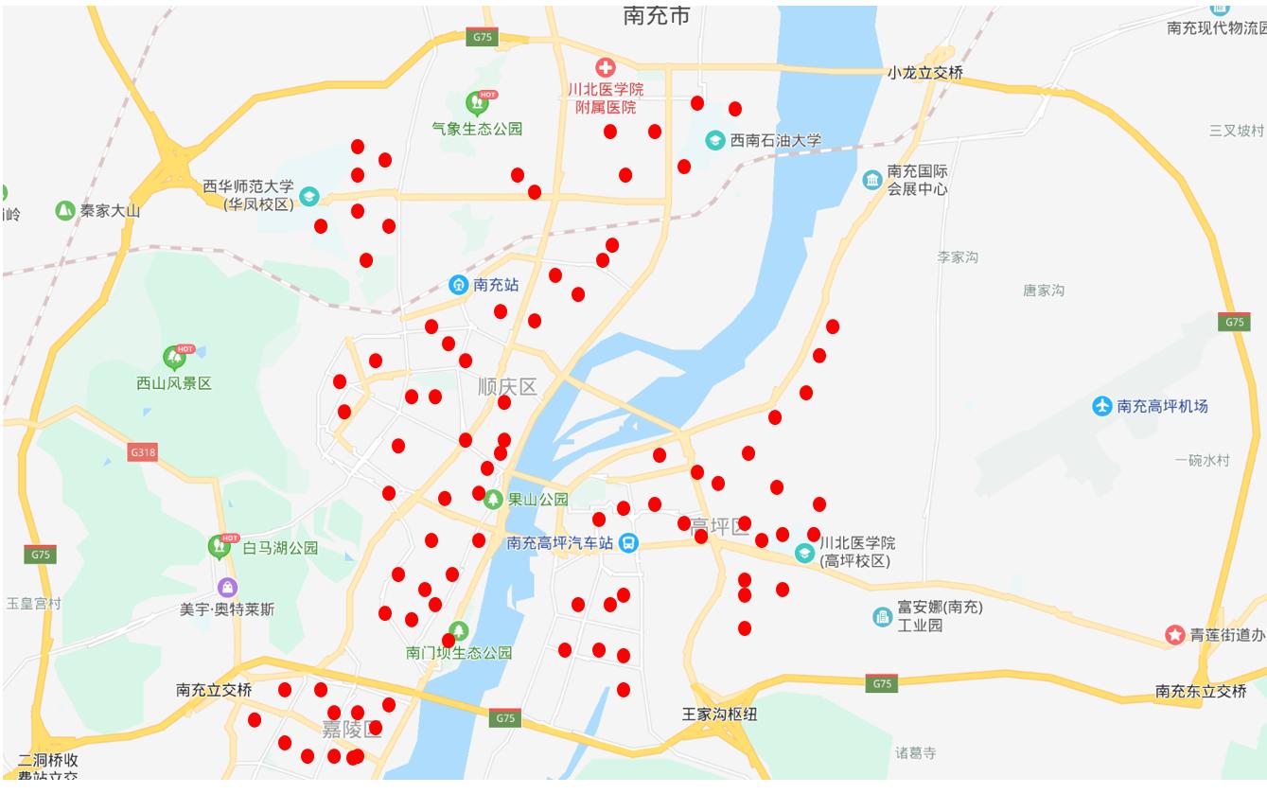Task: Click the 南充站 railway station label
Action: pyautogui.click(x=496, y=284)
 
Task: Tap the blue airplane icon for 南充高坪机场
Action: pyautogui.click(x=1101, y=406)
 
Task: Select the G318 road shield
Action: pyautogui.click(x=143, y=452)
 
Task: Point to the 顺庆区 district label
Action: pyautogui.click(x=507, y=387)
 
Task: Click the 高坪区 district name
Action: pyautogui.click(x=720, y=527)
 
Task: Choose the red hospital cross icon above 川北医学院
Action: pyautogui.click(x=605, y=67)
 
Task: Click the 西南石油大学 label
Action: pyautogui.click(x=776, y=141)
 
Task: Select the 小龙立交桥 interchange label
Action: pyautogui.click(x=924, y=73)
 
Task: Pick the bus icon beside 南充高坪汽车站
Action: pyautogui.click(x=628, y=543)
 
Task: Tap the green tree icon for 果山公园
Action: pyautogui.click(x=492, y=500)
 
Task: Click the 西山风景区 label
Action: pyautogui.click(x=174, y=383)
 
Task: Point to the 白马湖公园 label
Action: pyautogui.click(x=280, y=548)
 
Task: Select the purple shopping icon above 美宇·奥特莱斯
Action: pyautogui.click(x=227, y=588)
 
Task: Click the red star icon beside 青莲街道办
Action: pyautogui.click(x=1175, y=635)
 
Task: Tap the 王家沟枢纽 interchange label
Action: pyautogui.click(x=719, y=715)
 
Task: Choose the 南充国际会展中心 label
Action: pyautogui.click(x=917, y=180)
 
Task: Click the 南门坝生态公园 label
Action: pyautogui.click(x=459, y=653)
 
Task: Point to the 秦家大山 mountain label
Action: pyautogui.click(x=110, y=211)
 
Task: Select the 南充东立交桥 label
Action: pyautogui.click(x=1201, y=692)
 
